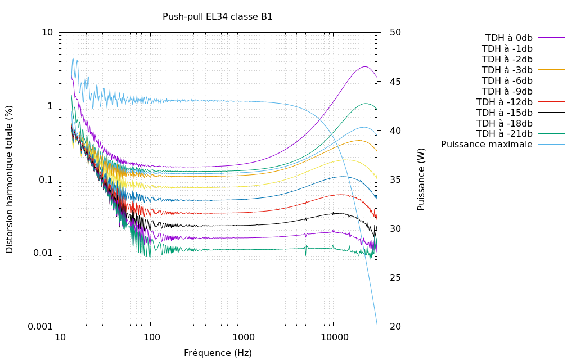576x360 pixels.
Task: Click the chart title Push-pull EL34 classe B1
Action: click(x=218, y=17)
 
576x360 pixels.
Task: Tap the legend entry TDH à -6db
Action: click(x=507, y=80)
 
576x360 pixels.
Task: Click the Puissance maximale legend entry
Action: click(x=487, y=145)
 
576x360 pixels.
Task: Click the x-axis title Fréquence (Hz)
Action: click(x=218, y=353)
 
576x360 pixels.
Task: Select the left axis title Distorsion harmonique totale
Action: click(x=10, y=179)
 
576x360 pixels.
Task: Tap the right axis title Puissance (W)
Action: click(x=421, y=179)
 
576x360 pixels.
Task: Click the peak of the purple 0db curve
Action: click(x=365, y=66)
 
